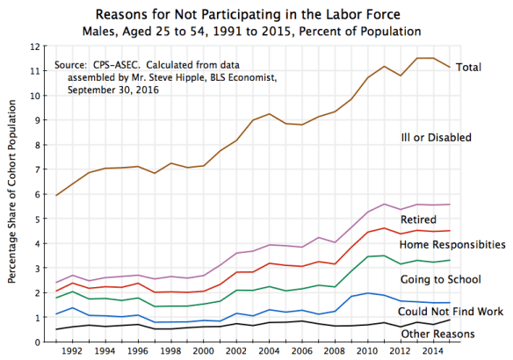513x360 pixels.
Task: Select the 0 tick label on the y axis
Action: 39,342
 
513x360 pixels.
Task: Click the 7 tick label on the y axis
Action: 39,169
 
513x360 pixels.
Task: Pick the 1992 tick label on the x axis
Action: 74,351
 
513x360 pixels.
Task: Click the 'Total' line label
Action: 470,68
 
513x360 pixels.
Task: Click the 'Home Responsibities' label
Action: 452,244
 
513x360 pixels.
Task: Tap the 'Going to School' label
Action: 441,279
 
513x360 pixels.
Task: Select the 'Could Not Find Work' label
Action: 450,312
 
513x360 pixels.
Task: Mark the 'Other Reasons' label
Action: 438,334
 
